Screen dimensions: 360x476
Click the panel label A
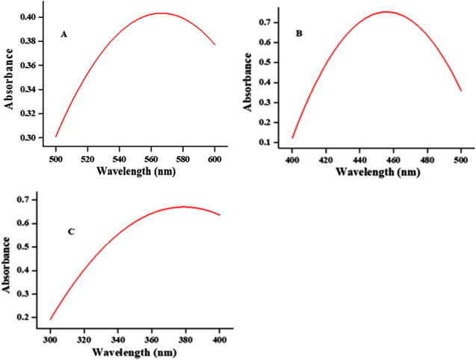[64, 35]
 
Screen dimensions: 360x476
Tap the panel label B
[299, 55]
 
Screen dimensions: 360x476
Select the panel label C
[70, 232]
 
